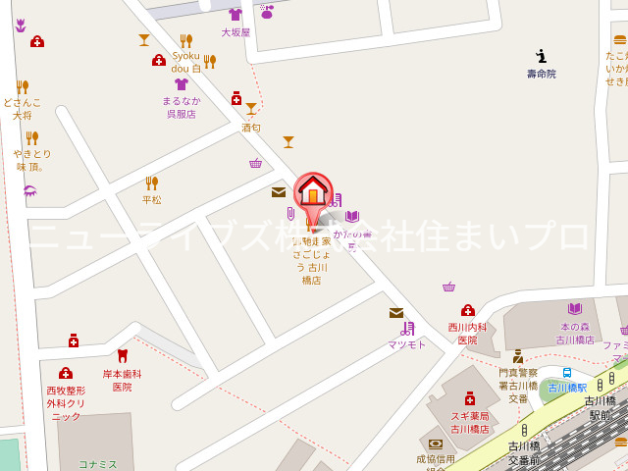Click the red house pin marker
tap(313, 192)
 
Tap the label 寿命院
tap(541, 74)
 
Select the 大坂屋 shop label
tap(235, 32)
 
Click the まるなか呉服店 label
tap(181, 107)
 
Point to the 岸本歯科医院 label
tap(122, 380)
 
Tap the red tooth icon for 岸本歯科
tap(122, 356)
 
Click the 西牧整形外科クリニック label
tap(66, 402)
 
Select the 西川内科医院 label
tap(467, 334)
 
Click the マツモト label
tap(406, 344)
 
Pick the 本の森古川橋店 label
tap(575, 334)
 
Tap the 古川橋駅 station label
tap(567, 388)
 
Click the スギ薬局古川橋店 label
tap(469, 423)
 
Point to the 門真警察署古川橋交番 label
tap(518, 385)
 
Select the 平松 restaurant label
tap(151, 199)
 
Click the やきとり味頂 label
tap(31, 160)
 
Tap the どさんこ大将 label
tap(22, 108)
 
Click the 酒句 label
tap(251, 128)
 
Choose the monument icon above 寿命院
tap(541, 56)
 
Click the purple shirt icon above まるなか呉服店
tap(181, 84)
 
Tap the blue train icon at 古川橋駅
tap(567, 373)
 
